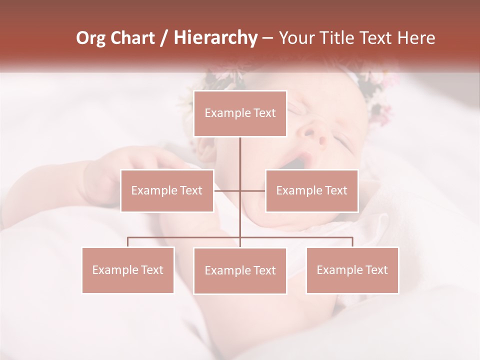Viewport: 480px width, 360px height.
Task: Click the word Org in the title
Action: [90, 38]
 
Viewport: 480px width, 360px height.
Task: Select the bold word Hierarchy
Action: [215, 38]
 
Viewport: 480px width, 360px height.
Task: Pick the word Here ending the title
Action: [416, 38]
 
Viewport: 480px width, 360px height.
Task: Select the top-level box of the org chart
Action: [240, 113]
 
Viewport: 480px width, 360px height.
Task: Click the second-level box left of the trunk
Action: [167, 190]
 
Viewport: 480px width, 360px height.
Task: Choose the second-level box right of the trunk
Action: [311, 190]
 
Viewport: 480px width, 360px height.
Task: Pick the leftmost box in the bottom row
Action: [128, 270]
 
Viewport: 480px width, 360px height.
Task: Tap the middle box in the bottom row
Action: [240, 270]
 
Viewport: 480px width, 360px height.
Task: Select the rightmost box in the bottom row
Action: [352, 270]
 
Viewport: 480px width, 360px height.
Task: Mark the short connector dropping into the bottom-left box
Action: [128, 242]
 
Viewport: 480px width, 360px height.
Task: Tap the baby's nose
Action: [312, 134]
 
